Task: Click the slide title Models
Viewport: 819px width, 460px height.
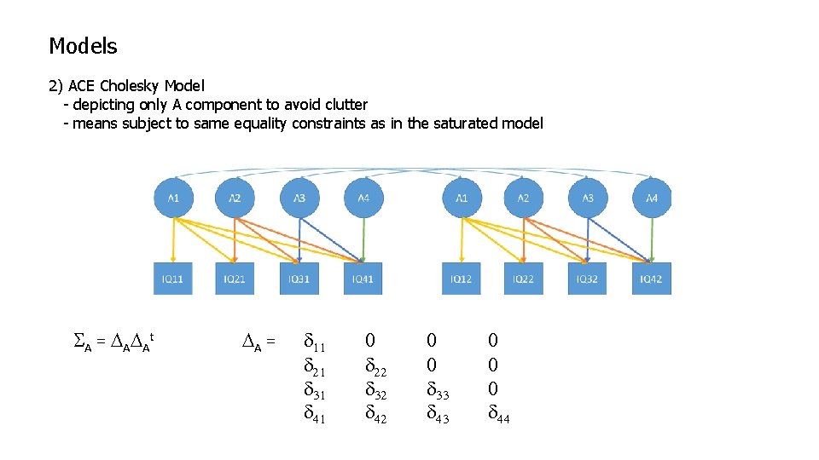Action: [83, 46]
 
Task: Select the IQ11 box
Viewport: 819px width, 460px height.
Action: [173, 279]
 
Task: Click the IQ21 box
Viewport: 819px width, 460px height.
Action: [235, 279]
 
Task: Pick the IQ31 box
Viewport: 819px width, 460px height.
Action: [299, 279]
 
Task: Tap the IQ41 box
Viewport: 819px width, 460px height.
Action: [363, 279]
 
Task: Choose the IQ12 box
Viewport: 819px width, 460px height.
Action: [461, 279]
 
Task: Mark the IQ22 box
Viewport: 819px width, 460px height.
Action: [523, 279]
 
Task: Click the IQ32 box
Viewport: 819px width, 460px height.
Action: [588, 279]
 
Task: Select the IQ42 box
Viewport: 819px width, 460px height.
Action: [652, 279]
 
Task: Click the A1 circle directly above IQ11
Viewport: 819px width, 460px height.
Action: [173, 198]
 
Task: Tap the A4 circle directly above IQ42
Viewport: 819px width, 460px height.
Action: [652, 198]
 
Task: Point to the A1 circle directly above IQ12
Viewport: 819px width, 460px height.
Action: [461, 198]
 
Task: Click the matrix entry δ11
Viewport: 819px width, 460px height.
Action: [314, 342]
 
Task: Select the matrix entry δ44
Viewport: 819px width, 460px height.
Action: [498, 415]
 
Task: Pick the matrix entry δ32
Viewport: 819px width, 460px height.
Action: [375, 390]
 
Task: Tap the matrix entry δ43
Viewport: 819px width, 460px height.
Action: [437, 415]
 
